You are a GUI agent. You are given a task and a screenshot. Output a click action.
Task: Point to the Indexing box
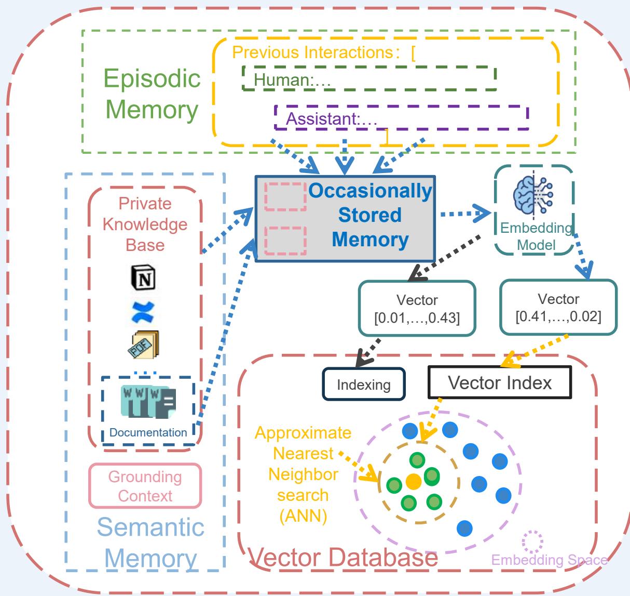point(364,385)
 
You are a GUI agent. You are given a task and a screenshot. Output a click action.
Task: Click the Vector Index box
point(500,383)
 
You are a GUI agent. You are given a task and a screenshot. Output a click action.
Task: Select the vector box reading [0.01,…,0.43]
point(417,309)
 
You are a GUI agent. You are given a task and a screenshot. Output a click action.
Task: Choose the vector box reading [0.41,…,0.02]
point(558,307)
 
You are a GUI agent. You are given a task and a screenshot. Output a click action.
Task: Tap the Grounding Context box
point(145,486)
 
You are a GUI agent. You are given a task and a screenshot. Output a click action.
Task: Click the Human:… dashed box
point(369,78)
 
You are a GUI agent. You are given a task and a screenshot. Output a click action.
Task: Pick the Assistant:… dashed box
point(401,118)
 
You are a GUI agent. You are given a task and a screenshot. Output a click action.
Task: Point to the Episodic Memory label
point(152,94)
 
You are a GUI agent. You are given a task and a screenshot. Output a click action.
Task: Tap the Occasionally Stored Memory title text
point(370,215)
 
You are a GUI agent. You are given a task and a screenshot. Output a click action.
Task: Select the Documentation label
point(148,432)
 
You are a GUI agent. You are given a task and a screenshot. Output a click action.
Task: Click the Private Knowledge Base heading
point(145,224)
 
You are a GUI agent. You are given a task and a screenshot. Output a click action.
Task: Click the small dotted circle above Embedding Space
point(532,542)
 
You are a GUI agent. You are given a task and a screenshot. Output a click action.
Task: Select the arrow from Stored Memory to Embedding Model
point(464,213)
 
